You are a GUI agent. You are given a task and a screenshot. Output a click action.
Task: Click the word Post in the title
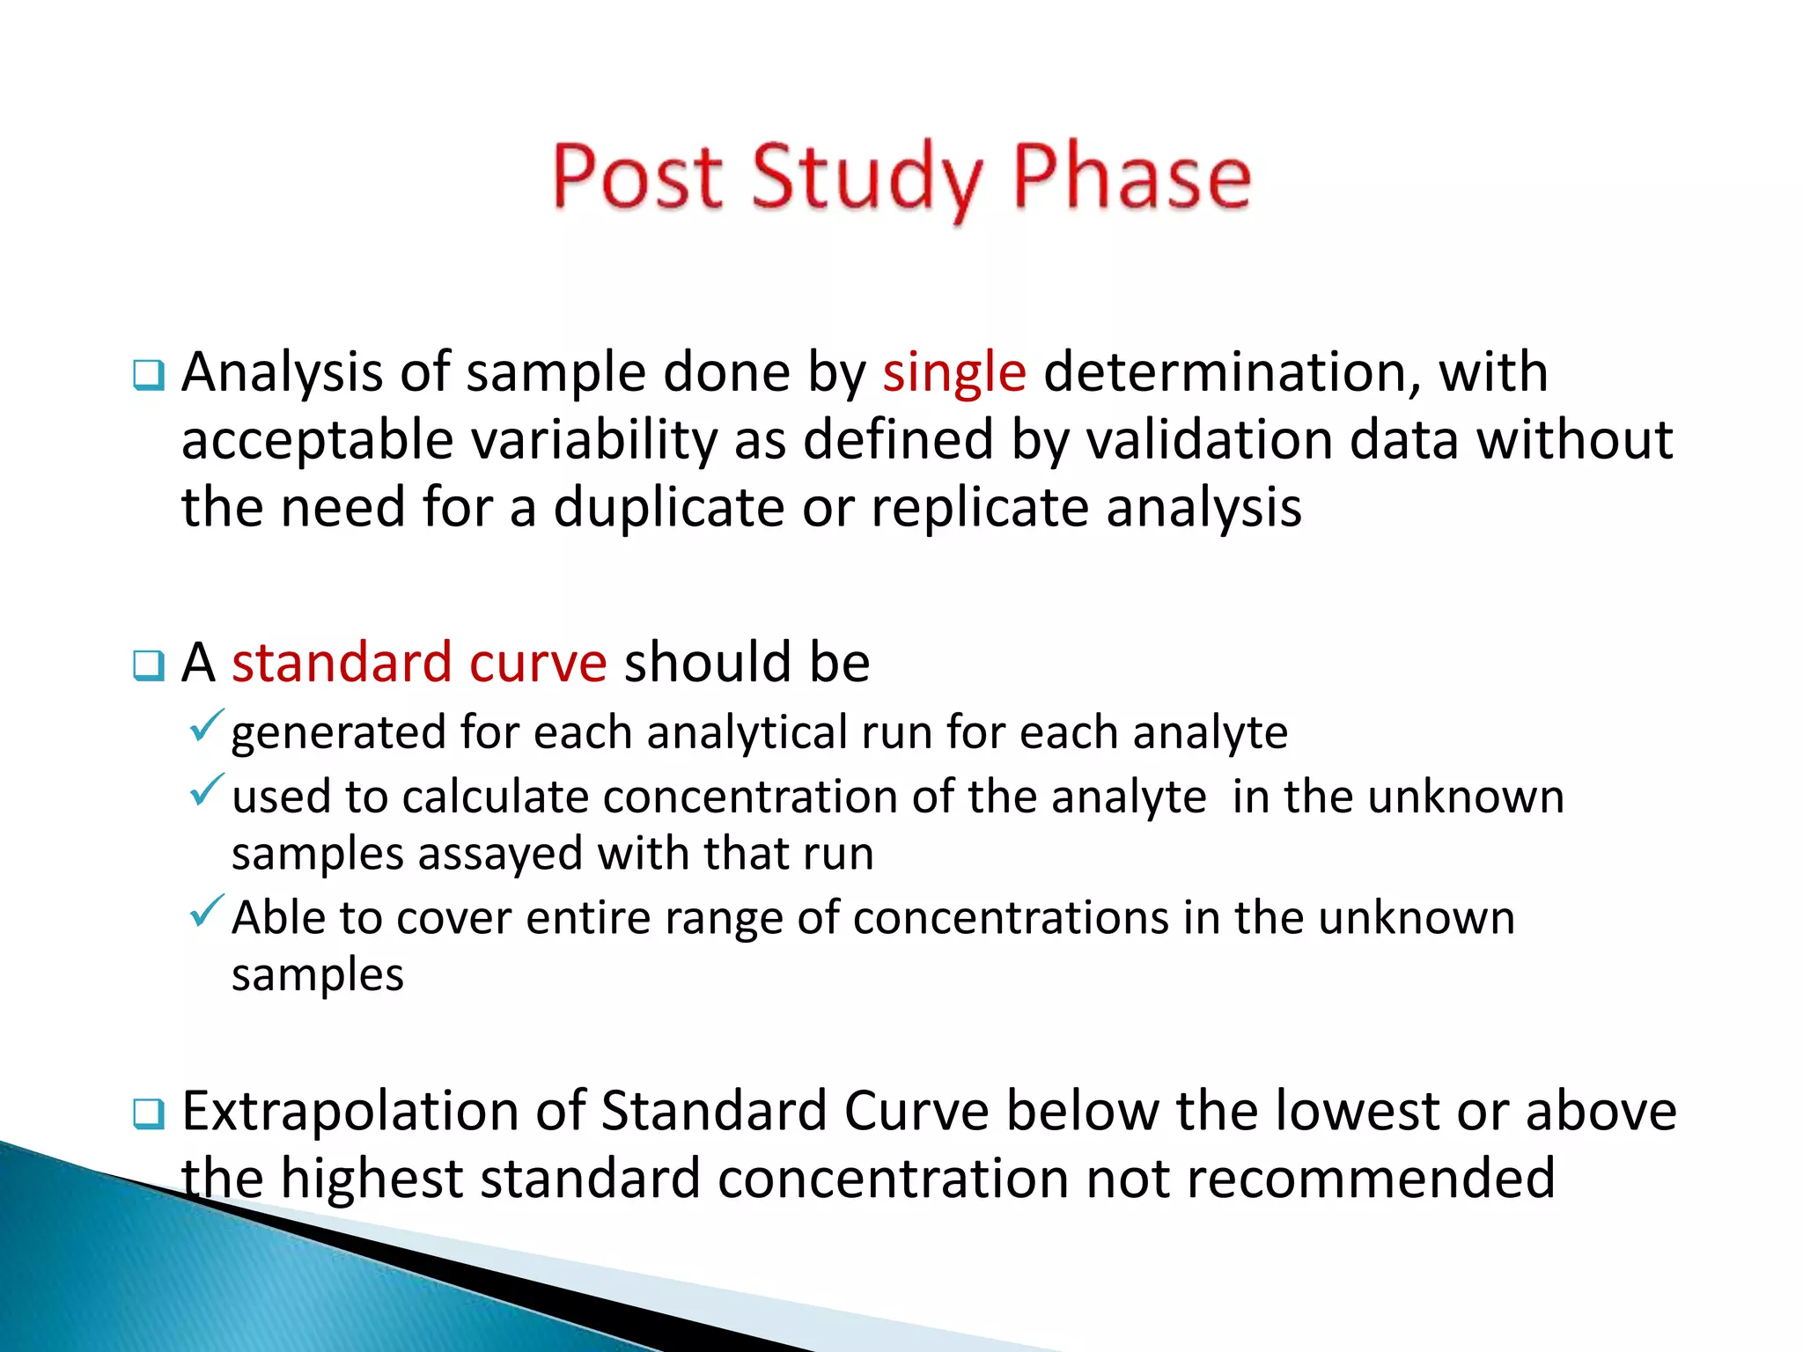[637, 178]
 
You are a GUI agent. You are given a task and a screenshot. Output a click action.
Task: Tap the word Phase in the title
[1132, 178]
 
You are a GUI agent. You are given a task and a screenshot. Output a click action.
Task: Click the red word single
[954, 372]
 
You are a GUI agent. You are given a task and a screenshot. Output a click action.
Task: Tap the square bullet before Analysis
[148, 377]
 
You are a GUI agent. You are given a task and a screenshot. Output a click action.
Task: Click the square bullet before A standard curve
[148, 666]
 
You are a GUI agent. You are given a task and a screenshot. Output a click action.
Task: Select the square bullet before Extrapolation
[148, 1115]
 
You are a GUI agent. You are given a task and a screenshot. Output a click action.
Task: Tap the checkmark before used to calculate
[206, 790]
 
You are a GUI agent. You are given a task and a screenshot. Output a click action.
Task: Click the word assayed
[500, 854]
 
